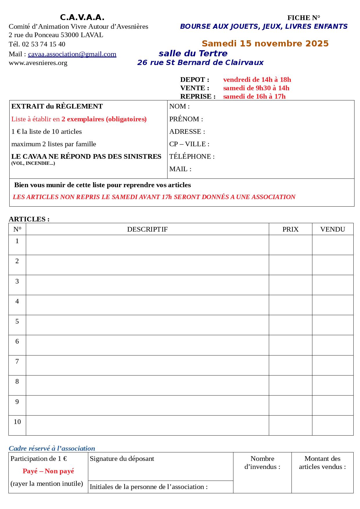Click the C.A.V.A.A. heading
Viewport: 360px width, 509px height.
(x=82, y=18)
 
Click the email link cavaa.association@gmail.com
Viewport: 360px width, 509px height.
(x=72, y=54)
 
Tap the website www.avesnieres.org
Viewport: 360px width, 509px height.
(x=38, y=63)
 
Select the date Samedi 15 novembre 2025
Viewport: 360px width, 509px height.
(x=265, y=44)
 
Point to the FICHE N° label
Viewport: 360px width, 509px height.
(x=304, y=18)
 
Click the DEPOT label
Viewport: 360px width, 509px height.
(x=195, y=80)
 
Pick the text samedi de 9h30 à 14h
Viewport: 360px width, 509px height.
(x=256, y=88)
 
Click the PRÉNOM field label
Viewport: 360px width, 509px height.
(x=186, y=119)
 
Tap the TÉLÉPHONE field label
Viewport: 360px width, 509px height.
(x=192, y=157)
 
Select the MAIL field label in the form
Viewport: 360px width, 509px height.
(x=180, y=169)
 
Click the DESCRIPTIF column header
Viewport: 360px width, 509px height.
(x=147, y=229)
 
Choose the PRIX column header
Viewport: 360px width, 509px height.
(x=290, y=229)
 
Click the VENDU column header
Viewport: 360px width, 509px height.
(x=332, y=229)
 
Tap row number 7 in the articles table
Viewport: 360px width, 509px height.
(x=17, y=362)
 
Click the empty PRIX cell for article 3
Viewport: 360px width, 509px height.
(x=290, y=285)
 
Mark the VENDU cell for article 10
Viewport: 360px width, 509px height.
(x=333, y=425)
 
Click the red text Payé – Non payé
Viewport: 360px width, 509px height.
(x=48, y=471)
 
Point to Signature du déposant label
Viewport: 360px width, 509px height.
(x=122, y=459)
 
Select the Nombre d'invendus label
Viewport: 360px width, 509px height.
(x=262, y=463)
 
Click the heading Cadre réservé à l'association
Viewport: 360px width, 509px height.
(x=52, y=448)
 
